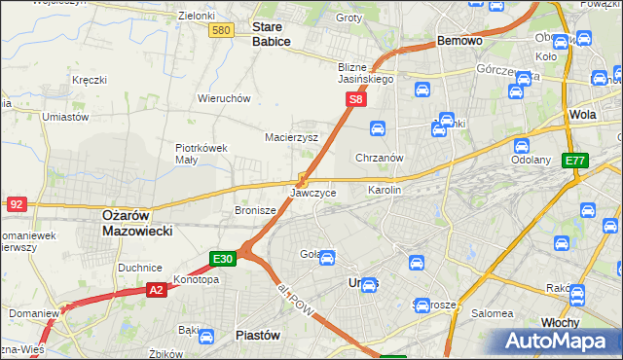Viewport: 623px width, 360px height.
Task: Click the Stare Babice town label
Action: (x=272, y=34)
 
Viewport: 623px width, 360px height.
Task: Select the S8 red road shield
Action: (x=357, y=99)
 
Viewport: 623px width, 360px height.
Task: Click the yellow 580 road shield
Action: (x=221, y=31)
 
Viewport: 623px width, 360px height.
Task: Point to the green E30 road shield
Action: (x=223, y=258)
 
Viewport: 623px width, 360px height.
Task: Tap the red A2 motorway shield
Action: (x=157, y=289)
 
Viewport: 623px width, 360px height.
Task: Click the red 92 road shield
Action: (x=16, y=204)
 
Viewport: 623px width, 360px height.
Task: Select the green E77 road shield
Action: (x=575, y=161)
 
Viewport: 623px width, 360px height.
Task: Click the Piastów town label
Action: (x=259, y=335)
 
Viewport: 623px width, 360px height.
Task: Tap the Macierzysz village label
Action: (x=292, y=137)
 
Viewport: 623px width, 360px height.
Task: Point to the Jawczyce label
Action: (x=313, y=193)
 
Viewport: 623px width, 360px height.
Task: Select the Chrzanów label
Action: (x=380, y=158)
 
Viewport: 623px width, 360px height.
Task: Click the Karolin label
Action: (x=384, y=191)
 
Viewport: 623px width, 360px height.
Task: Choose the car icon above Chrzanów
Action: (x=378, y=127)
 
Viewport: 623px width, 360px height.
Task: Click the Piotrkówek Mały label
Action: (x=202, y=154)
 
